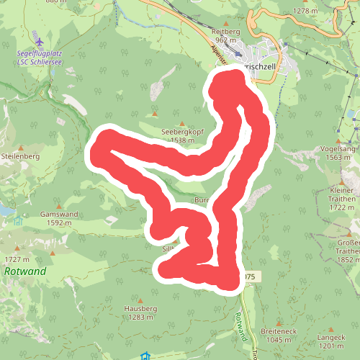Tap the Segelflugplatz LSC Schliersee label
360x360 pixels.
[38, 58]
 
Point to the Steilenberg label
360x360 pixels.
[19, 155]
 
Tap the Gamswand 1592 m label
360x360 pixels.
[59, 218]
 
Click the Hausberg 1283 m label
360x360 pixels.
[140, 312]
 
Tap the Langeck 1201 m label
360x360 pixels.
[330, 342]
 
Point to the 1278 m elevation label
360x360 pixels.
[305, 11]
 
